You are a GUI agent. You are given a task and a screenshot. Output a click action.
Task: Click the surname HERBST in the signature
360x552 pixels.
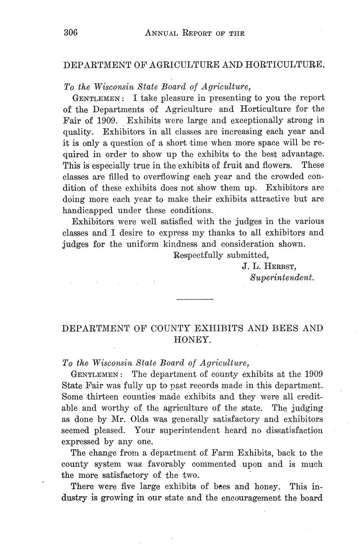click(277, 266)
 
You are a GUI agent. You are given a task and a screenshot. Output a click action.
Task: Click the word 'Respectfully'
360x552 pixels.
click(198, 255)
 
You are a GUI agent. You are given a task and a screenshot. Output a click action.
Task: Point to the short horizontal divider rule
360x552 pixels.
click(195, 299)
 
